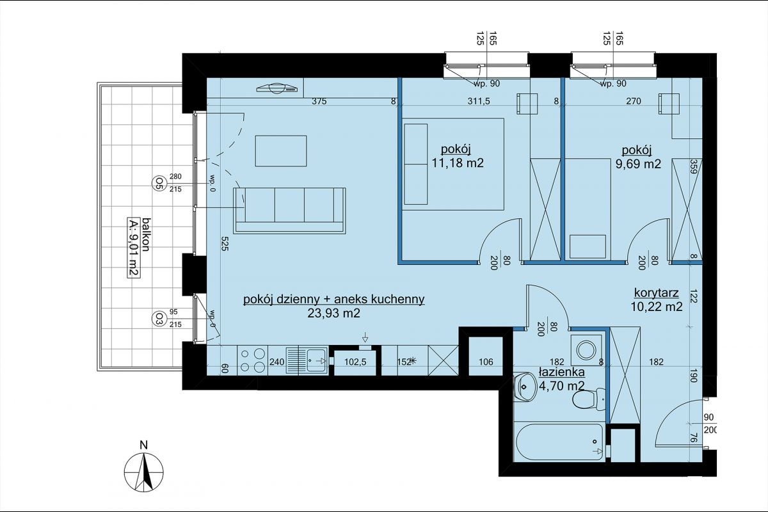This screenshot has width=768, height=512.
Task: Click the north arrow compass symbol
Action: click(x=143, y=472)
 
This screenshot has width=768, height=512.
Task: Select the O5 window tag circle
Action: click(x=157, y=183)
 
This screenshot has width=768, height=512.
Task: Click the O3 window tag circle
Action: click(x=157, y=319)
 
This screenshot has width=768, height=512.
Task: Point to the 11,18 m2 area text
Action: click(x=458, y=163)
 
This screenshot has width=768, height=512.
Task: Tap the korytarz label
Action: click(x=656, y=293)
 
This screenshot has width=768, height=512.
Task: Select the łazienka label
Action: click(x=562, y=372)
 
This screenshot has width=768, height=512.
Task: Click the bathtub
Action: click(x=559, y=442)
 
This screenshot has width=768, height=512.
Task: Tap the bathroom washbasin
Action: click(x=525, y=387)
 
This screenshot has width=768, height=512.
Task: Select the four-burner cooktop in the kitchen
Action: click(x=252, y=360)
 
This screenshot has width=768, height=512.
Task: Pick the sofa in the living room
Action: click(x=289, y=211)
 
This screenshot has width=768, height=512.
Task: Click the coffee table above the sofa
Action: click(x=281, y=151)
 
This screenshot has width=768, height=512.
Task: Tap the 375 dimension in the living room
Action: click(x=319, y=102)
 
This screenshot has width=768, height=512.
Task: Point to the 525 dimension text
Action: click(x=224, y=243)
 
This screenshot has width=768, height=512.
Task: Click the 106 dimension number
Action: click(x=486, y=362)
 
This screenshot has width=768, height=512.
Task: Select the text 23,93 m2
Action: click(x=333, y=313)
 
